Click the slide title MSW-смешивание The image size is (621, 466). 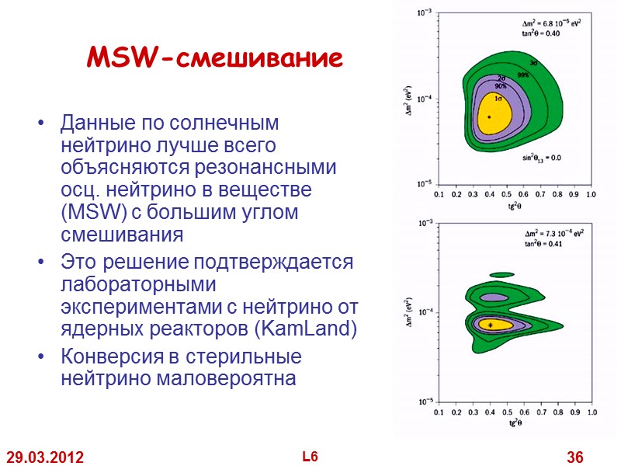[x=213, y=59]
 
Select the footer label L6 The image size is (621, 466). [x=310, y=457]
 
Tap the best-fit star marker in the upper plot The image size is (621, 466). [x=490, y=116]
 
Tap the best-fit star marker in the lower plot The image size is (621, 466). [x=491, y=325]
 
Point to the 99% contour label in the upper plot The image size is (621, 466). [x=524, y=75]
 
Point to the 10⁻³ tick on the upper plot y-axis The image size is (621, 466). [x=425, y=12]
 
